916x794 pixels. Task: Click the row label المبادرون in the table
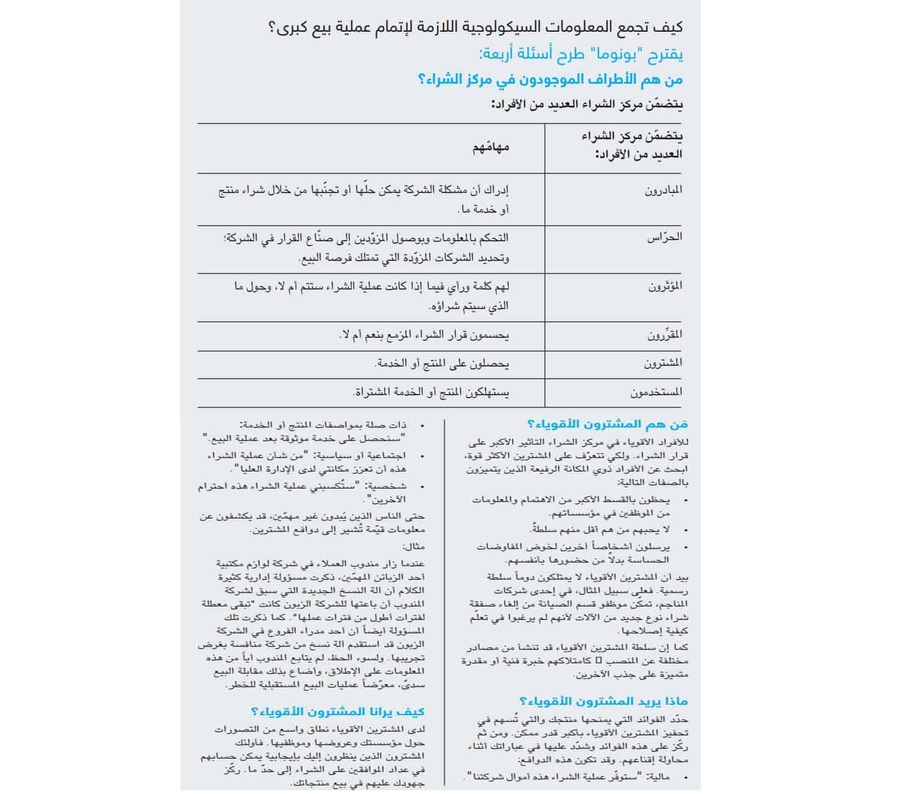click(663, 190)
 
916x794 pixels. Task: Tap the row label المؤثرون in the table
click(664, 286)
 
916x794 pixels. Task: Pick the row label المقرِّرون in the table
click(664, 335)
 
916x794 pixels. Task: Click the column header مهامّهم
click(490, 147)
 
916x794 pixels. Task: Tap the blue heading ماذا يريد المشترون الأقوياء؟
click(603, 701)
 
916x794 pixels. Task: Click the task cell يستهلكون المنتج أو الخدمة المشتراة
click(431, 392)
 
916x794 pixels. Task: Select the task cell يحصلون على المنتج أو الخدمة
click(442, 363)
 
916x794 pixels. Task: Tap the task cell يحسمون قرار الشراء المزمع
click(424, 335)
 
